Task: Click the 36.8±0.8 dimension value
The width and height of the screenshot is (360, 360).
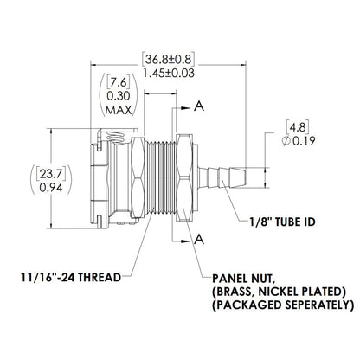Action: point(169,59)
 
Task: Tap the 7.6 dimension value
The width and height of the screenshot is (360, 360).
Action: point(118,83)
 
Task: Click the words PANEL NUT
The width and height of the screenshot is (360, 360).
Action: point(247,279)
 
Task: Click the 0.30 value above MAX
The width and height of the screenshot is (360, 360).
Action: point(118,97)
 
